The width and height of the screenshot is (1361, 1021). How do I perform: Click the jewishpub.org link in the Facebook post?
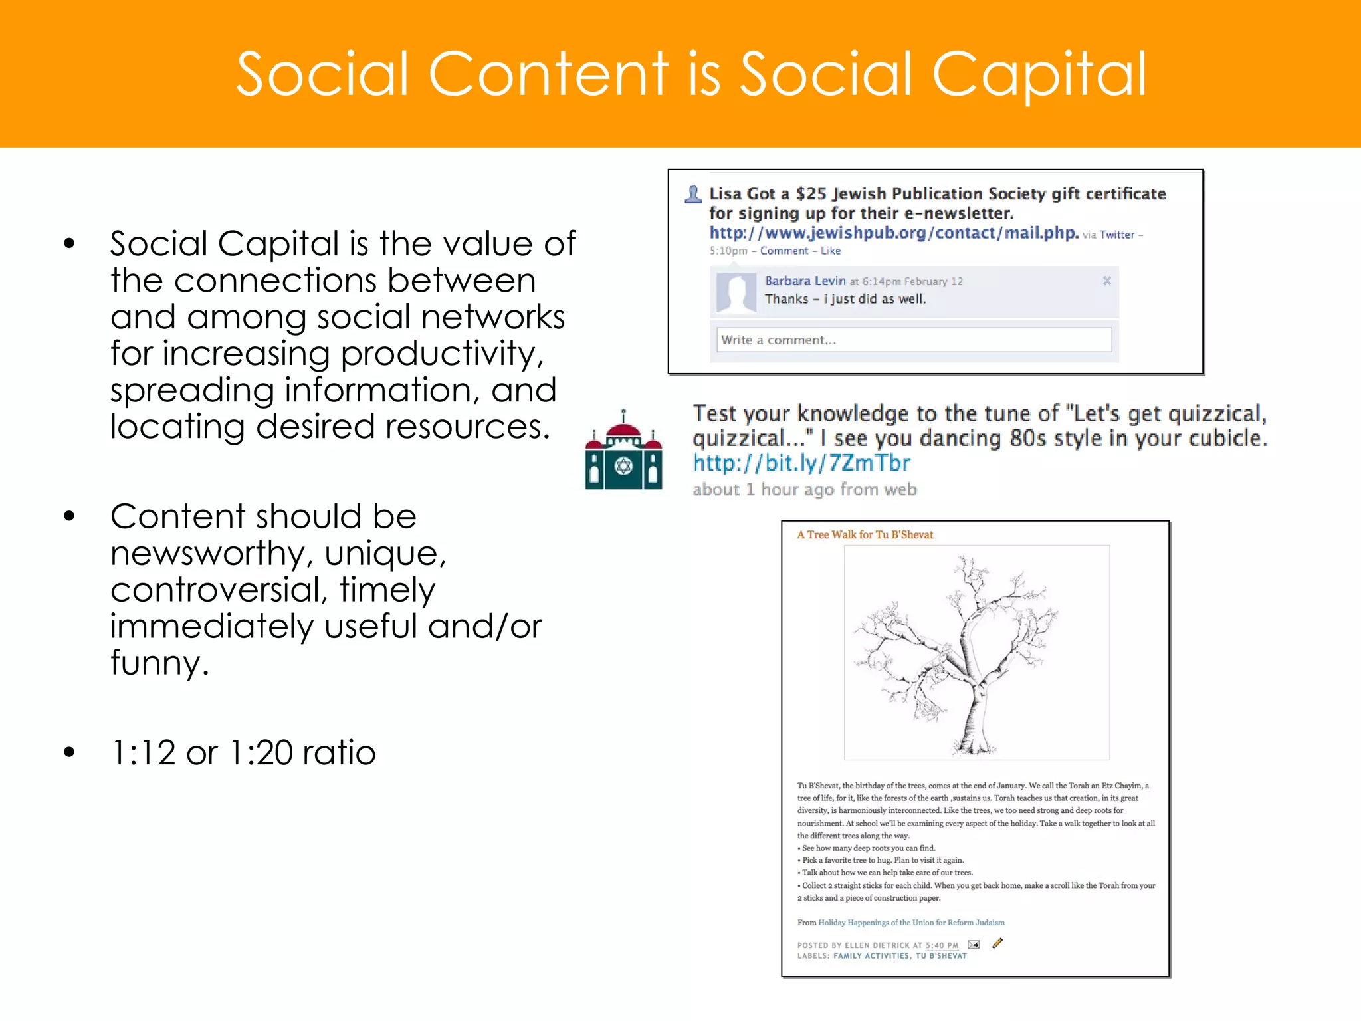click(x=892, y=233)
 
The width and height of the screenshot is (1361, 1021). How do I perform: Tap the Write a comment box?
click(x=913, y=340)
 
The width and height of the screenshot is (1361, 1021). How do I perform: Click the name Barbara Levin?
click(x=804, y=281)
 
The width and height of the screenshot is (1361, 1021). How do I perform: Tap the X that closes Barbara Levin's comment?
click(x=1106, y=281)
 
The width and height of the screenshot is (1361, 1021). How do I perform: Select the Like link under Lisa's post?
click(x=830, y=251)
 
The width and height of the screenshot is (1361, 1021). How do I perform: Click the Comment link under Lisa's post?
click(x=784, y=251)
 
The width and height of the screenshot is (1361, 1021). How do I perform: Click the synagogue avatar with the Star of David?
click(x=623, y=451)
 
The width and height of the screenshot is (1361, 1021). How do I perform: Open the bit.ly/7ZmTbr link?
click(x=801, y=463)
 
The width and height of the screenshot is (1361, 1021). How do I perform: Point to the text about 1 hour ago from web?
click(x=804, y=489)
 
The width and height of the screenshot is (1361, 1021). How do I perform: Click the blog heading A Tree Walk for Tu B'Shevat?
click(x=865, y=534)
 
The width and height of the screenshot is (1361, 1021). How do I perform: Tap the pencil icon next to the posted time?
click(x=997, y=943)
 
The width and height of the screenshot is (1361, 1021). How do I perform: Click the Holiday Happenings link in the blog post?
click(x=910, y=923)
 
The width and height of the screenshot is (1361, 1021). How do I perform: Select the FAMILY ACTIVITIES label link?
click(x=871, y=956)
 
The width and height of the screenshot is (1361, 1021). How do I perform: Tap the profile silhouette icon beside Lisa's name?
click(x=693, y=194)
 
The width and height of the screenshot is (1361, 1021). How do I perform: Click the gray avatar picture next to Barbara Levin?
click(x=736, y=292)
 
